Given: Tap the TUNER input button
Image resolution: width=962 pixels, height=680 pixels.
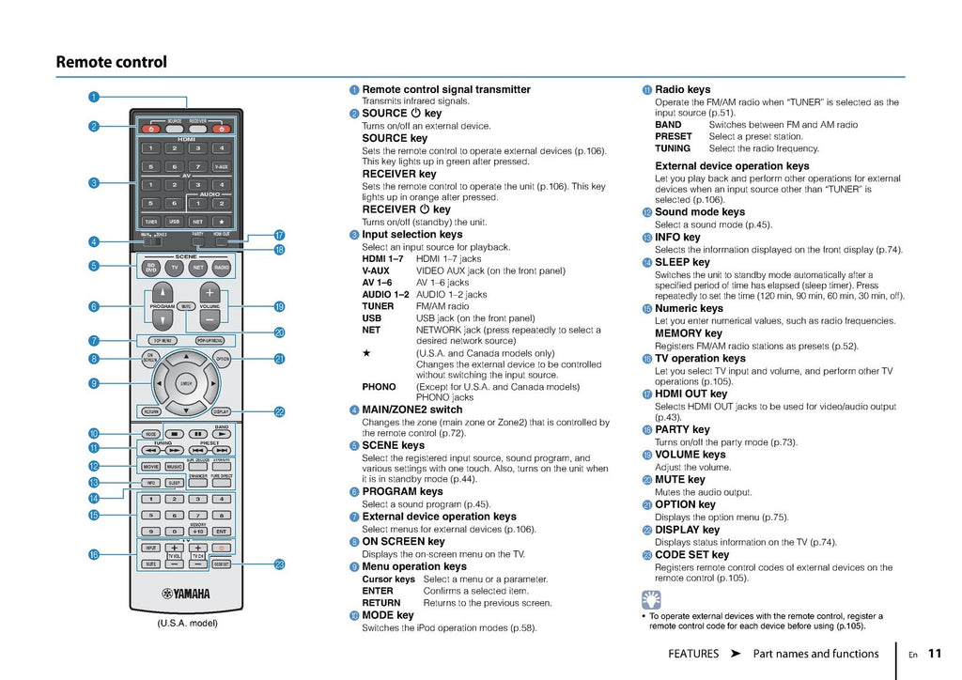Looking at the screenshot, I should tap(150, 222).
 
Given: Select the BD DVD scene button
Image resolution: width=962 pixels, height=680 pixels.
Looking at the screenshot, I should tap(150, 268).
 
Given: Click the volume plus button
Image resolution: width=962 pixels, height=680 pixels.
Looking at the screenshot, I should tap(209, 291).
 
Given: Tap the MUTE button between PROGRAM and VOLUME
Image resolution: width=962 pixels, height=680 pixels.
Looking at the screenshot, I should tap(186, 306).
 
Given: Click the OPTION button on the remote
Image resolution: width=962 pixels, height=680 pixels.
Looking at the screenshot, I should tap(222, 358).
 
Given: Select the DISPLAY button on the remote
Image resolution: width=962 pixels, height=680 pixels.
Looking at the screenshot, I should tap(222, 411).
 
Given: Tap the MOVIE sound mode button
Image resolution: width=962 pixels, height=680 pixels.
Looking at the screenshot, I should tap(150, 466).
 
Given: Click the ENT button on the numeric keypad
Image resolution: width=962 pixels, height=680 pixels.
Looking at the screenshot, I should tap(222, 532).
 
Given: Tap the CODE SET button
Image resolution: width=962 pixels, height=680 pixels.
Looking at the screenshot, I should tap(222, 564).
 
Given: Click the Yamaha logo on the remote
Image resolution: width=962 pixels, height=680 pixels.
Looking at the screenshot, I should tap(186, 594).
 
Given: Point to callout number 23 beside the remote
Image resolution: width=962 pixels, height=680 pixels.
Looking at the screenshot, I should tap(279, 564).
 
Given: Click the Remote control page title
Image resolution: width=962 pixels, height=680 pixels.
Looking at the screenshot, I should tap(111, 62).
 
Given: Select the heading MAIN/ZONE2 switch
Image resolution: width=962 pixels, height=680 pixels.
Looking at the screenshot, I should tap(412, 410).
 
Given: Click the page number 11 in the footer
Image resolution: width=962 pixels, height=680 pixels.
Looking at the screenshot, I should tap(934, 654).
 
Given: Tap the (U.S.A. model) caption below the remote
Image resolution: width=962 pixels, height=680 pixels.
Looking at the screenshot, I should tap(187, 623).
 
